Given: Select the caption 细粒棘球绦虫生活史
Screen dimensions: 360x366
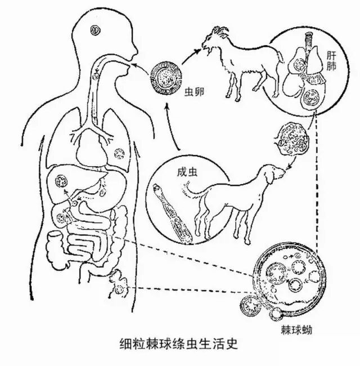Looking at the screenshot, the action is pyautogui.click(x=179, y=343).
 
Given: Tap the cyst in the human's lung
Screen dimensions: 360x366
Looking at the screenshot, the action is pyautogui.click(x=119, y=153).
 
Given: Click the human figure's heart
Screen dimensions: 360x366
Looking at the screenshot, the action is pyautogui.click(x=91, y=149).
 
